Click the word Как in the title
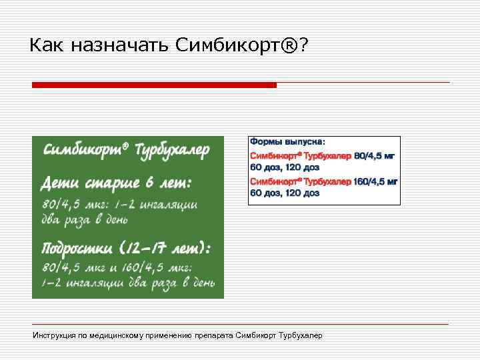click(47, 45)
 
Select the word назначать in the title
click(118, 45)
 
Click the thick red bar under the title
click(154, 85)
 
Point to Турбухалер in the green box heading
click(172, 149)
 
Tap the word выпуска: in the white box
click(305, 142)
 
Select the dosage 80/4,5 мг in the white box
click(374, 155)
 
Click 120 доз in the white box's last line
click(303, 193)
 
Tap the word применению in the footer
click(175, 335)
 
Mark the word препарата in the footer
click(214, 335)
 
